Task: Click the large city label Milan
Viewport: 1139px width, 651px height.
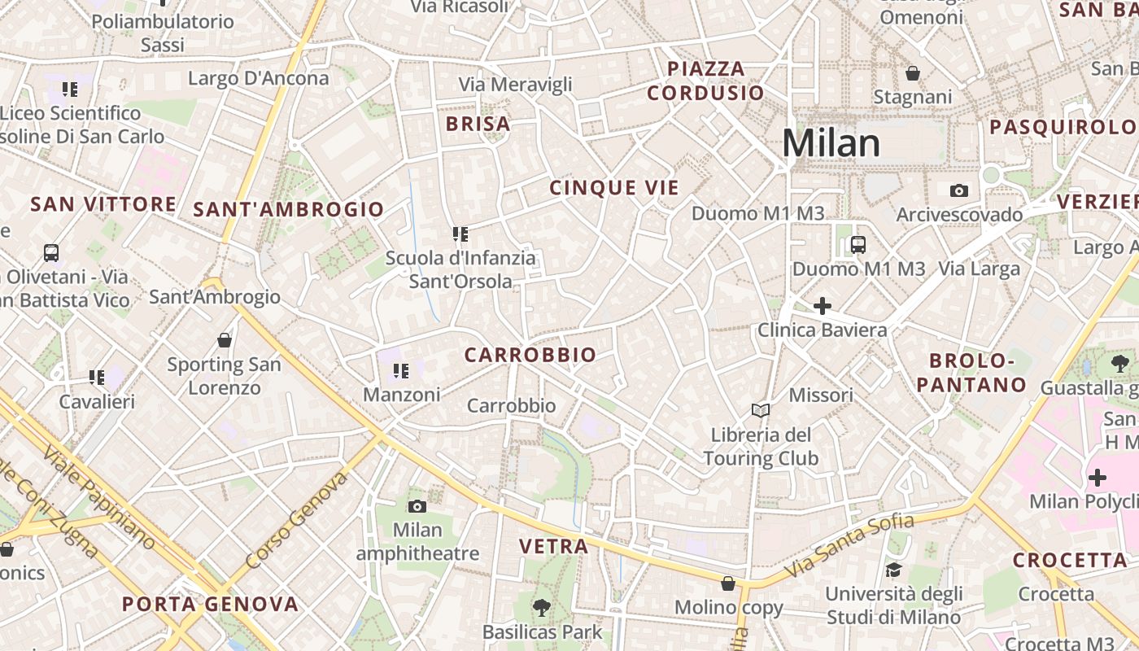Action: point(831,143)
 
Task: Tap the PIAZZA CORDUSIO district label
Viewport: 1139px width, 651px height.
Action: point(706,81)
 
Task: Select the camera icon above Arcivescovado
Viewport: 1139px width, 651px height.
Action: point(959,190)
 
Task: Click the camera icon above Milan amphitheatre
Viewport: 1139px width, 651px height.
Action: point(417,506)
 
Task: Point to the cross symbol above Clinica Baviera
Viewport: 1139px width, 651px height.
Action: point(823,306)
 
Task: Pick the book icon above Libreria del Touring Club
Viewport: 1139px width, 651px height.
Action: point(761,410)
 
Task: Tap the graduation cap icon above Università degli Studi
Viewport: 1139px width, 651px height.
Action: point(893,570)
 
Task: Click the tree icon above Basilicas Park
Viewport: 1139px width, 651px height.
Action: point(541,607)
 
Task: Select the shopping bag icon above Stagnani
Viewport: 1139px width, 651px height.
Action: point(913,73)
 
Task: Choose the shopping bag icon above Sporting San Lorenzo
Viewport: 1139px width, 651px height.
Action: point(225,339)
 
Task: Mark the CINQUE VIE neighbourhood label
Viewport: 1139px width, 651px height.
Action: point(614,188)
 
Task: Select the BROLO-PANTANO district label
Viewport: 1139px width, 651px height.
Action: point(972,373)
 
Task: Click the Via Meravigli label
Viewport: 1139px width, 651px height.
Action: point(516,84)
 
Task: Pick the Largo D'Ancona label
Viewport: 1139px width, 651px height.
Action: point(259,78)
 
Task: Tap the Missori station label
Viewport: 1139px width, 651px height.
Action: point(822,395)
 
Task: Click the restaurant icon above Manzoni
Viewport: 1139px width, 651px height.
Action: point(400,371)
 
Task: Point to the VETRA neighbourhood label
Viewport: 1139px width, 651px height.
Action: point(554,546)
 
